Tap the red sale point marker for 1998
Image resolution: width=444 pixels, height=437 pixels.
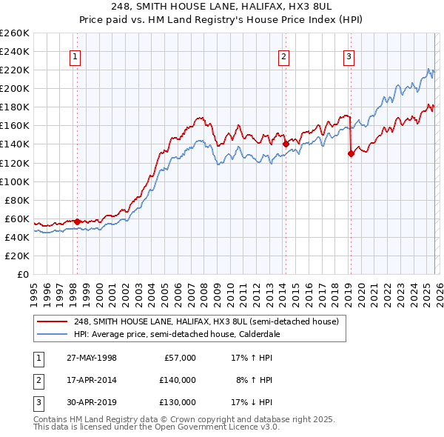point(77,221)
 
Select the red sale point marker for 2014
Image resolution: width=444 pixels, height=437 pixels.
point(285,144)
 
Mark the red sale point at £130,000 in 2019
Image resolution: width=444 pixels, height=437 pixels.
point(351,153)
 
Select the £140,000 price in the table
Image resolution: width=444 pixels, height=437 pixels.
point(177,380)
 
